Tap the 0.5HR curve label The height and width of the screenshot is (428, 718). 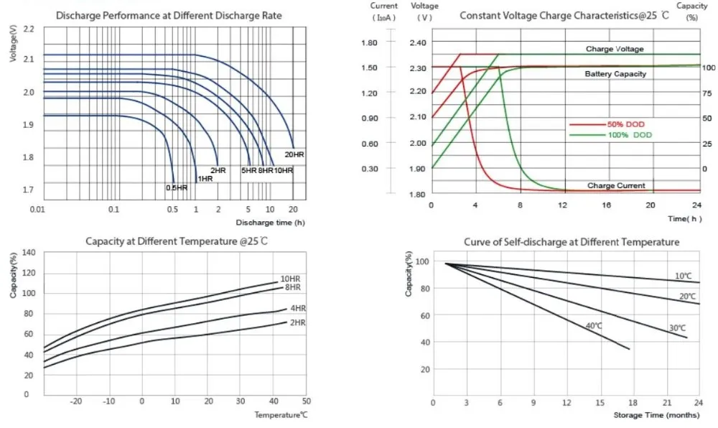pyautogui.click(x=177, y=187)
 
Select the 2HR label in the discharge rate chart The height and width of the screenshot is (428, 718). pyautogui.click(x=218, y=170)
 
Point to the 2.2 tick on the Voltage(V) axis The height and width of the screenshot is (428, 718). pyautogui.click(x=29, y=29)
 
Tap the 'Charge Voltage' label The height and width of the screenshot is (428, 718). pyautogui.click(x=615, y=49)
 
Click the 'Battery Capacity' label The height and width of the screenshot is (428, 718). pyautogui.click(x=615, y=74)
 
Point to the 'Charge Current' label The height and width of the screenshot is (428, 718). pyautogui.click(x=616, y=185)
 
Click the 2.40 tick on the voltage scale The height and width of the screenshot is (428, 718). pyautogui.click(x=418, y=42)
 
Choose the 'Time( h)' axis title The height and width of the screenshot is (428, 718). pyautogui.click(x=683, y=218)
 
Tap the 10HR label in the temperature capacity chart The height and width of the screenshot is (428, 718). pyautogui.click(x=290, y=278)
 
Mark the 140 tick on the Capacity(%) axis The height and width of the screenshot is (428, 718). pyautogui.click(x=29, y=252)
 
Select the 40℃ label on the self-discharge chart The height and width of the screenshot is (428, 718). pyautogui.click(x=595, y=325)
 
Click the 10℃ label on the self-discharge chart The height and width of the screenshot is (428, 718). pyautogui.click(x=683, y=276)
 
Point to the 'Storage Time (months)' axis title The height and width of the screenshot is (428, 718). pyautogui.click(x=656, y=415)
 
